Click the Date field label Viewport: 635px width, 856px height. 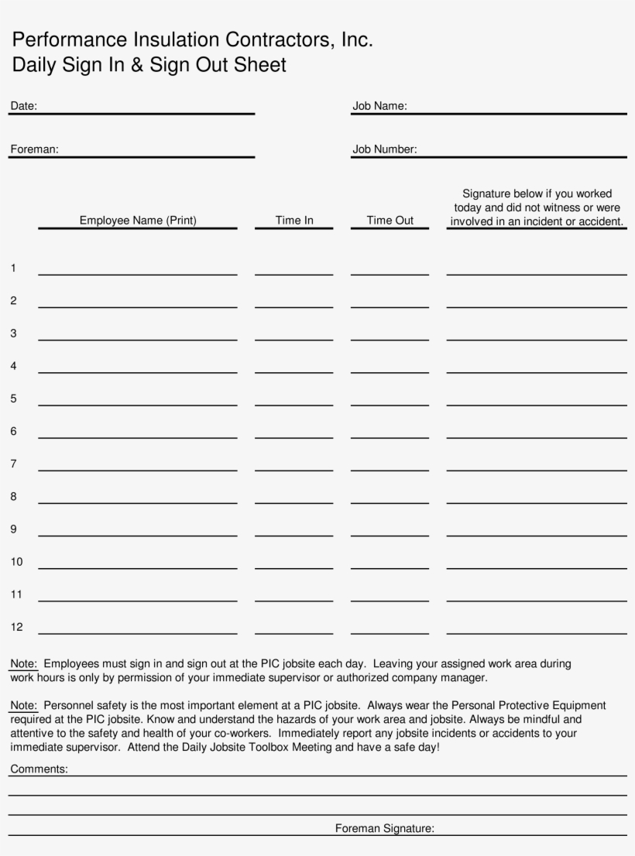tap(23, 106)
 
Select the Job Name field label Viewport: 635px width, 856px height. tap(379, 106)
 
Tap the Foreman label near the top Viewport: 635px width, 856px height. tap(34, 149)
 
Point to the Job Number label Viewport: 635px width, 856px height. tap(385, 149)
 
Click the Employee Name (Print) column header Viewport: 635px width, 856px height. tap(138, 221)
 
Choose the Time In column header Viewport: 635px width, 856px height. tap(294, 221)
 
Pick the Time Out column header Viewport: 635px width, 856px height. tap(390, 221)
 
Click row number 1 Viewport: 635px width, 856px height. tap(13, 269)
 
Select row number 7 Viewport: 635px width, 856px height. tap(13, 464)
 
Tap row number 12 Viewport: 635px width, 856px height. tap(16, 627)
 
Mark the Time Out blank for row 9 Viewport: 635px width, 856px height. tap(390, 533)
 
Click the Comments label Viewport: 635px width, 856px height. tap(39, 769)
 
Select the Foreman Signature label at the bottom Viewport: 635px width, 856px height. tap(384, 829)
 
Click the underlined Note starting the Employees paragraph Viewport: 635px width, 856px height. tap(23, 664)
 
